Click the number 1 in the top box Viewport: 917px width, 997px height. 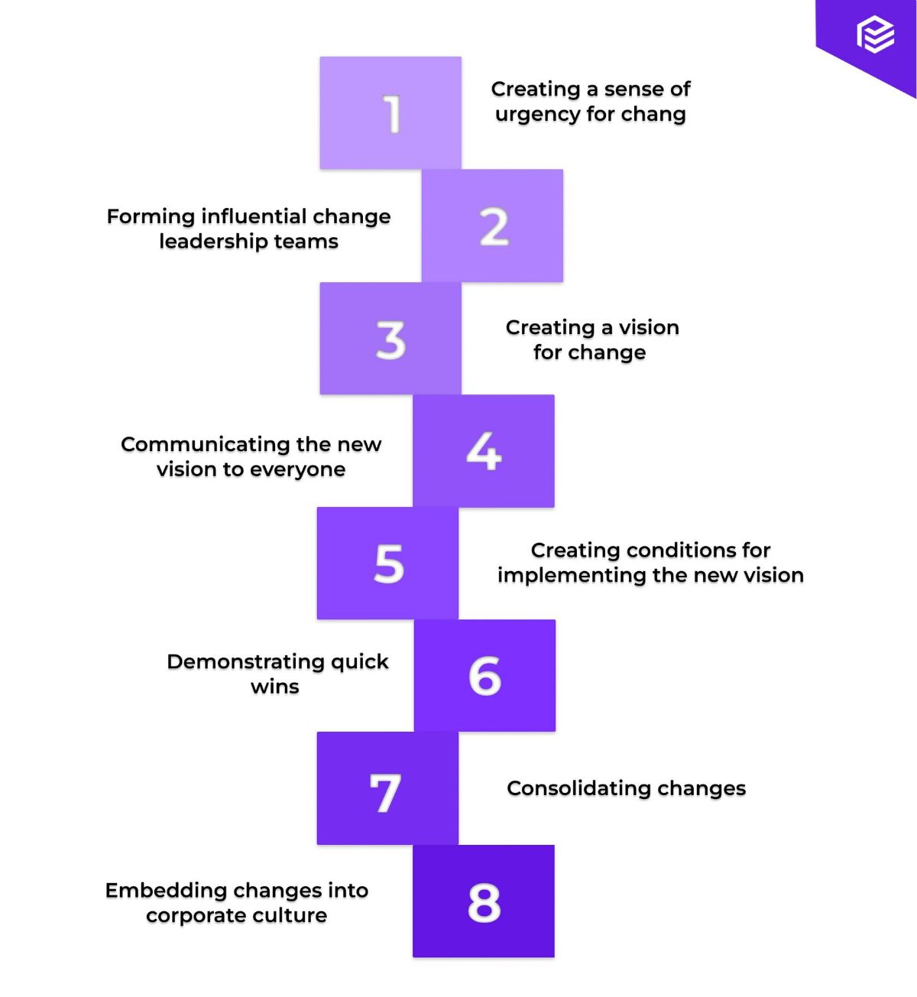(392, 114)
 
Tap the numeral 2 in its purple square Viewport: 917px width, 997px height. (494, 227)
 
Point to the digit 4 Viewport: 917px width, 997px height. (484, 451)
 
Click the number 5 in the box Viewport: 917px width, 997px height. (389, 564)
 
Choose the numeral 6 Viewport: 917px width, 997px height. (484, 676)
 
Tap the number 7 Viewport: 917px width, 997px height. (385, 792)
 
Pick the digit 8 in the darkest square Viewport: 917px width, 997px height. (484, 902)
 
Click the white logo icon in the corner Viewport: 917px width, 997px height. (875, 34)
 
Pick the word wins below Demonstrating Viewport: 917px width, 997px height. (274, 687)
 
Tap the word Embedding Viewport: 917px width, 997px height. (166, 891)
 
